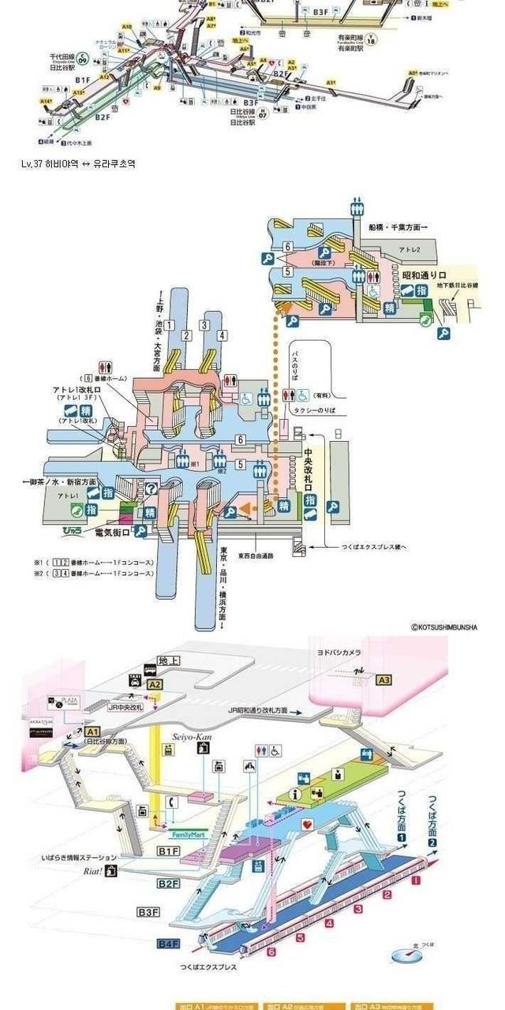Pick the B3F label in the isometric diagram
148,912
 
